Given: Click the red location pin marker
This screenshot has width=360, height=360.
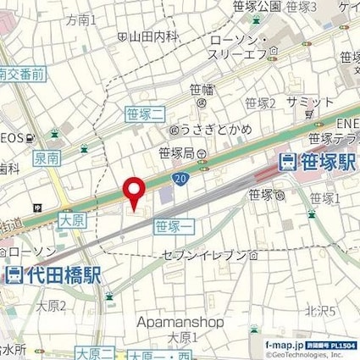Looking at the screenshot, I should tap(132, 192).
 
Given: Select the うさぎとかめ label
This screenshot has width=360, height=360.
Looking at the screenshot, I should tap(202, 130).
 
